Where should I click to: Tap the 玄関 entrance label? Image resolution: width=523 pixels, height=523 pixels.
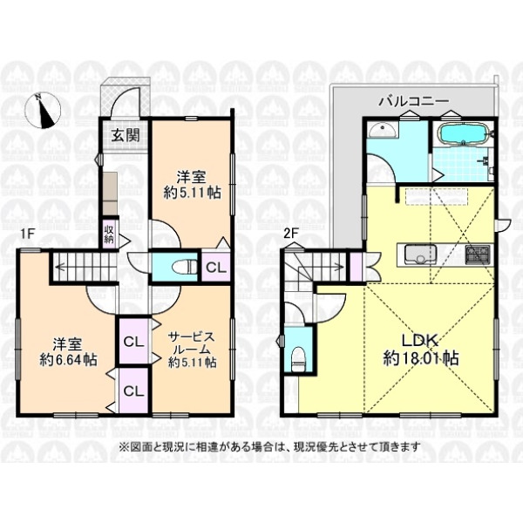[125, 135]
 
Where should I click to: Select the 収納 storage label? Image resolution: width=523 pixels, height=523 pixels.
[109, 234]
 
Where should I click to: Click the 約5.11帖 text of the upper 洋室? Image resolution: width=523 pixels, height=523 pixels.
[192, 193]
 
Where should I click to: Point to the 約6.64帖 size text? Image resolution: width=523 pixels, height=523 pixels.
[68, 359]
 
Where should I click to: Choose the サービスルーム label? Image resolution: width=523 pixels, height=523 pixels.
[192, 343]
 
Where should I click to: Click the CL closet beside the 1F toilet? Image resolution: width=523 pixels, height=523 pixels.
[216, 268]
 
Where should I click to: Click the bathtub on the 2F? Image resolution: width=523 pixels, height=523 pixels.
[465, 134]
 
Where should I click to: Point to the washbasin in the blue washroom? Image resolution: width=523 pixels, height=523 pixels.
[383, 130]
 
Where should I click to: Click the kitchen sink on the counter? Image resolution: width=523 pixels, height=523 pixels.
[420, 255]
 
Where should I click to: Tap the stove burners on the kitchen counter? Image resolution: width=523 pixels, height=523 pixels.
[478, 255]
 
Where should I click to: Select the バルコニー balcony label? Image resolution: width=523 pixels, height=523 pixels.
[413, 101]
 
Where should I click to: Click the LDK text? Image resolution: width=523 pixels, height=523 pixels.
[419, 341]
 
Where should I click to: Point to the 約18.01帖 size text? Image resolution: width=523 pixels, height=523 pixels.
[421, 358]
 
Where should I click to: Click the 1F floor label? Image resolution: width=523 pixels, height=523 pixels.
[28, 234]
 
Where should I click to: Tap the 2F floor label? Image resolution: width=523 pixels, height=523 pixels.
[290, 234]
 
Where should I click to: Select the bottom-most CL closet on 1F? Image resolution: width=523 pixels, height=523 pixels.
[133, 391]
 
